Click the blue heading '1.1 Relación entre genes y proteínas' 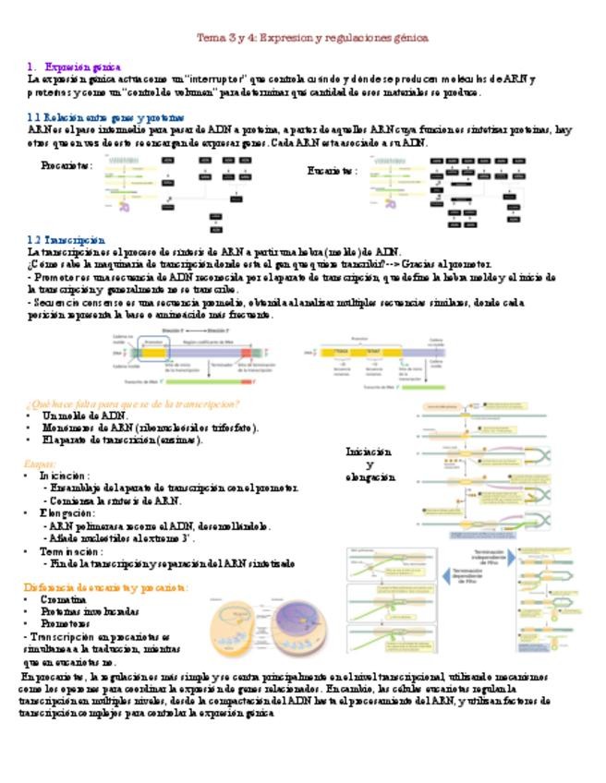[x=105, y=118]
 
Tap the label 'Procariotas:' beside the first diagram [x=67, y=165]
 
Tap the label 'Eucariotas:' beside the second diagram [x=332, y=171]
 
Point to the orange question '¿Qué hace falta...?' [x=134, y=404]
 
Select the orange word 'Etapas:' [x=40, y=464]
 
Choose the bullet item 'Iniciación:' [x=64, y=476]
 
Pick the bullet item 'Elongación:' [x=67, y=512]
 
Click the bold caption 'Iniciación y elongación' [x=370, y=464]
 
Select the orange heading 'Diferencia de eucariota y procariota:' [x=106, y=587]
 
